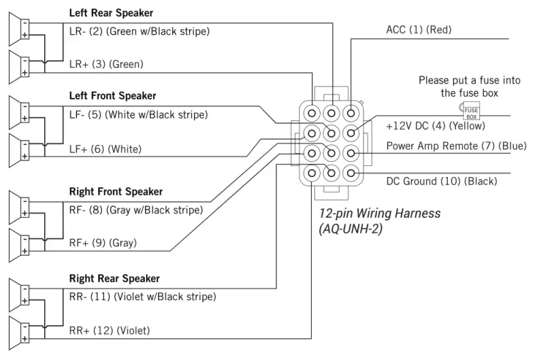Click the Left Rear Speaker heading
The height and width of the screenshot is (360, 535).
111,13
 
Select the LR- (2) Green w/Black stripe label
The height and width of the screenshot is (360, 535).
139,31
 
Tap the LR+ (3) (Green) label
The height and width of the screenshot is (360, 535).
106,64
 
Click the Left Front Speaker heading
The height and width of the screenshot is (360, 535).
112,96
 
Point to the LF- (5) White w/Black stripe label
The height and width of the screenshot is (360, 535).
138,114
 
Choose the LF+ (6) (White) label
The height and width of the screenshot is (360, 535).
105,148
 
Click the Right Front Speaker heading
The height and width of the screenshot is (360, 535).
116,192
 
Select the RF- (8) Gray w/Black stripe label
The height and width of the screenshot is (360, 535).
136,210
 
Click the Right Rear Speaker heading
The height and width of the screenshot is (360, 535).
114,278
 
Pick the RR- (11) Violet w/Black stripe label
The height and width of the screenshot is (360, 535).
142,297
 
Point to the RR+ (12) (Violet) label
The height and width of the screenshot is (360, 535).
110,331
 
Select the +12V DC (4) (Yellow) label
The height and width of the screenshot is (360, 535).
431,127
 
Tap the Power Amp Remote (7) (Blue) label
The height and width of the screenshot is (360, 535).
456,146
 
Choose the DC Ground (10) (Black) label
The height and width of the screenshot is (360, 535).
441,181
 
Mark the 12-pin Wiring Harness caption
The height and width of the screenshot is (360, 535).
380,214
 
